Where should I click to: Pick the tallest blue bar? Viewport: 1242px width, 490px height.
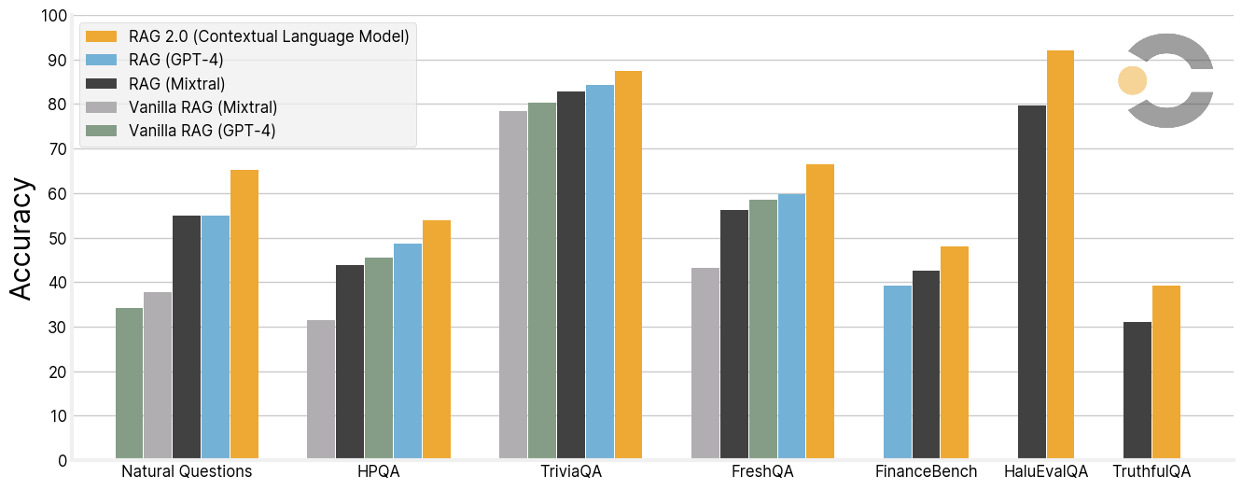[x=599, y=272]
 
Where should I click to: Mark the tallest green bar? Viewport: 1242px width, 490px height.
[x=541, y=280]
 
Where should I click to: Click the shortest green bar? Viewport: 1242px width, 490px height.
[x=129, y=383]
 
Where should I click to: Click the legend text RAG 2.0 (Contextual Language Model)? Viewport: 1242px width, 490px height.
[x=269, y=36]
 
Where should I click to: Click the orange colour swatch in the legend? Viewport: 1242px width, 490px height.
[x=101, y=36]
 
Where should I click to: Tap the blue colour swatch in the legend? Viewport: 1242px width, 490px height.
[x=101, y=61]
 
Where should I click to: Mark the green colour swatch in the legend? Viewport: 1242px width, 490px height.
[x=101, y=131]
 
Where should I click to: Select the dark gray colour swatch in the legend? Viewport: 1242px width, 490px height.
[x=101, y=84]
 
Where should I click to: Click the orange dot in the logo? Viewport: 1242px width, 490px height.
[x=1132, y=80]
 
